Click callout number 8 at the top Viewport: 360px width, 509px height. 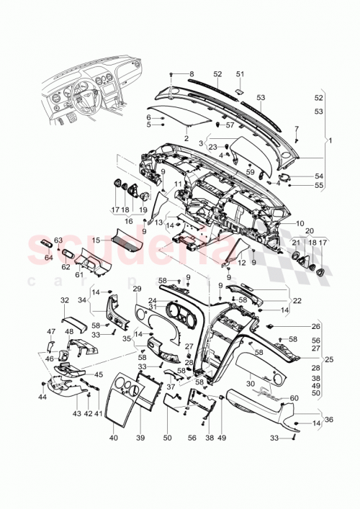point(192,74)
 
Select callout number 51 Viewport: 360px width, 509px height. point(240,74)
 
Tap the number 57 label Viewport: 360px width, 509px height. point(231,125)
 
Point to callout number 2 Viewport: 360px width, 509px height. point(186,138)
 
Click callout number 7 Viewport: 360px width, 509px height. point(296,128)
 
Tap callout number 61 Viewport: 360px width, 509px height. point(79,274)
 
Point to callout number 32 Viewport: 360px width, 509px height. point(64,299)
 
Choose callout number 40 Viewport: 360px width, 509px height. point(114,438)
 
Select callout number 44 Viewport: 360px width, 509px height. point(42,397)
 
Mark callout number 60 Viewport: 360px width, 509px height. point(294,397)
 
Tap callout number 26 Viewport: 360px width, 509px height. point(315,326)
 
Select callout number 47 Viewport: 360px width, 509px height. point(51,331)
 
